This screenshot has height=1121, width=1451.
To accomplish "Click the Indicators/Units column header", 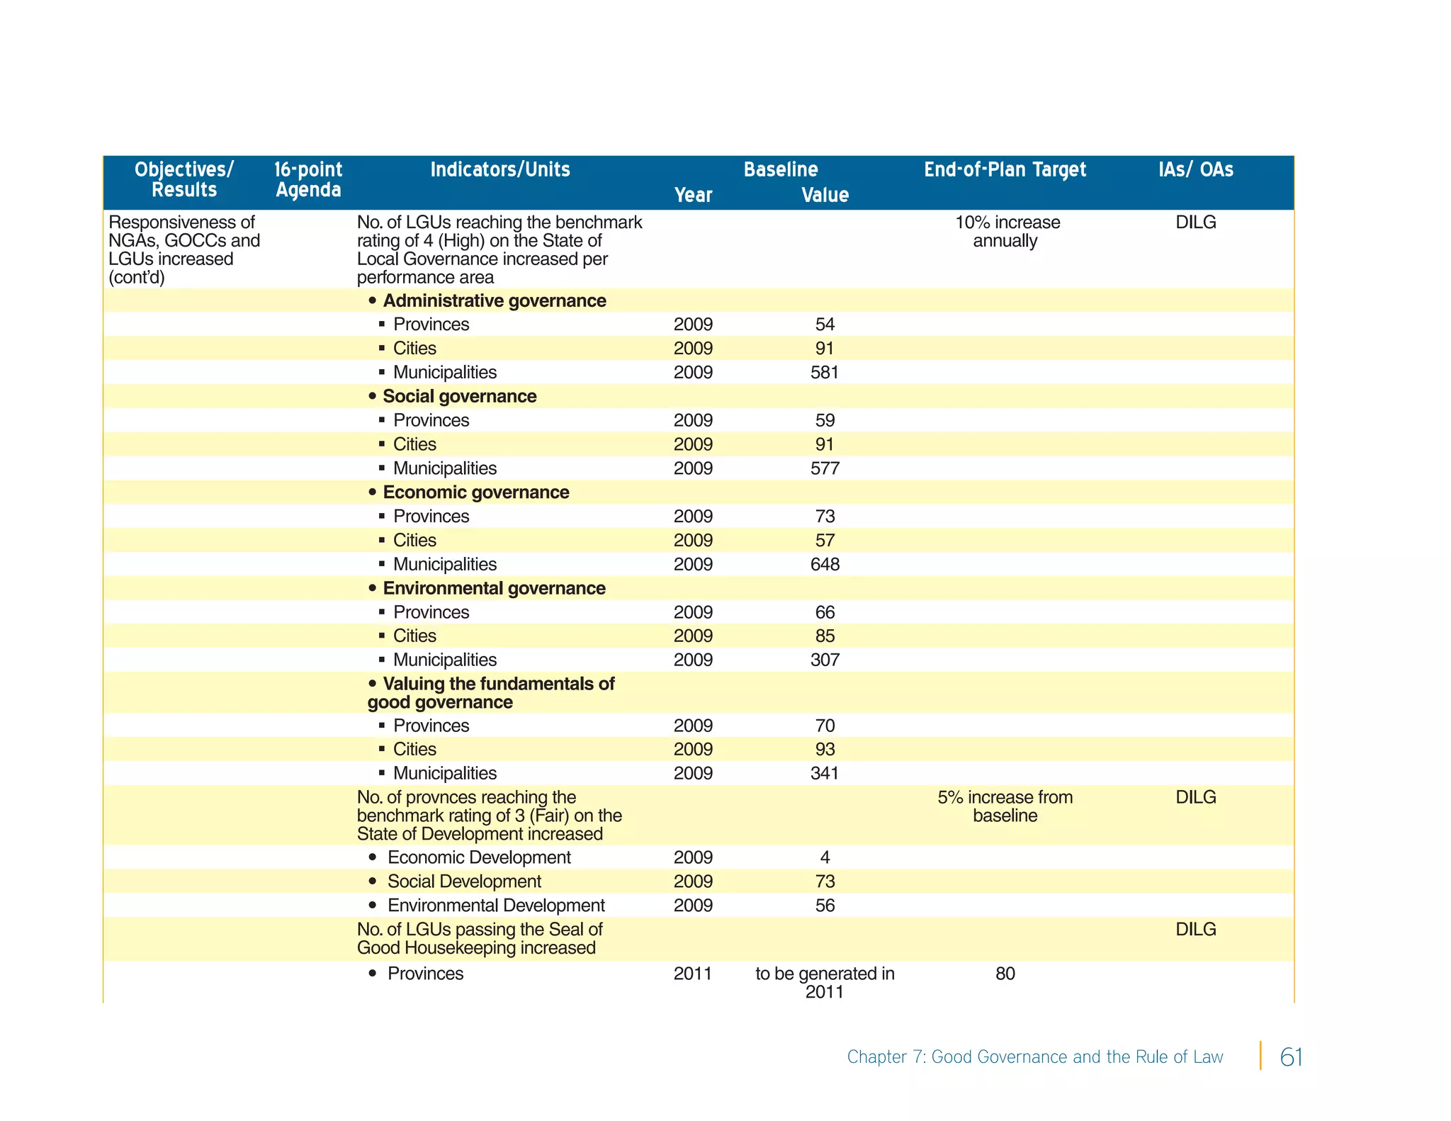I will pyautogui.click(x=499, y=170).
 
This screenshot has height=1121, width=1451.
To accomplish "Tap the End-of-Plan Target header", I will pyautogui.click(x=1004, y=170).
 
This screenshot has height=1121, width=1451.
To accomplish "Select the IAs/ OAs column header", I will pyautogui.click(x=1195, y=170).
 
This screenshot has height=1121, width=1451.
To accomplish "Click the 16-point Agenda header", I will pyautogui.click(x=307, y=180).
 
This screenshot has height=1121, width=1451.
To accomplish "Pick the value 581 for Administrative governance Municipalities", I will pyautogui.click(x=824, y=373).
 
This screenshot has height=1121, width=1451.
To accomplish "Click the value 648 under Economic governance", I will pyautogui.click(x=824, y=565).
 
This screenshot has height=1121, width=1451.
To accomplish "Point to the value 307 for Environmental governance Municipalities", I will pyautogui.click(x=824, y=660).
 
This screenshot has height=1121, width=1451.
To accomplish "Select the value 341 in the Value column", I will pyautogui.click(x=824, y=774).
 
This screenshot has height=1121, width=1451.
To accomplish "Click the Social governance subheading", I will pyautogui.click(x=459, y=397).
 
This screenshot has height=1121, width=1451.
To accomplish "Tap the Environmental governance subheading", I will pyautogui.click(x=493, y=589).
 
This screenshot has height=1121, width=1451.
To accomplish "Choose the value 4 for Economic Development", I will pyautogui.click(x=824, y=858).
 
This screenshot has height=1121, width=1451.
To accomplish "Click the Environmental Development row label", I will pyautogui.click(x=495, y=906).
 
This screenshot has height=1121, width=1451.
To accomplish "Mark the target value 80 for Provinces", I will pyautogui.click(x=1005, y=974).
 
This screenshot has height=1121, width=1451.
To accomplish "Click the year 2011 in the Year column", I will pyautogui.click(x=692, y=974).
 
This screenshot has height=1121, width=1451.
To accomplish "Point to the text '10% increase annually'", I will pyautogui.click(x=1006, y=232).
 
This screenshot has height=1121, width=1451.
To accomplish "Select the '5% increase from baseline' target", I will pyautogui.click(x=1005, y=807).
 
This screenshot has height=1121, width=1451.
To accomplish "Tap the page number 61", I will pyautogui.click(x=1291, y=1057).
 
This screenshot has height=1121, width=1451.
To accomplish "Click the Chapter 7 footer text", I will pyautogui.click(x=1034, y=1057).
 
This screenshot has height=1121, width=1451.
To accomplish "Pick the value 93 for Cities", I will pyautogui.click(x=824, y=750).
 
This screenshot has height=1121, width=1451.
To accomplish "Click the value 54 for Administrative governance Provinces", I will pyautogui.click(x=824, y=325).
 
